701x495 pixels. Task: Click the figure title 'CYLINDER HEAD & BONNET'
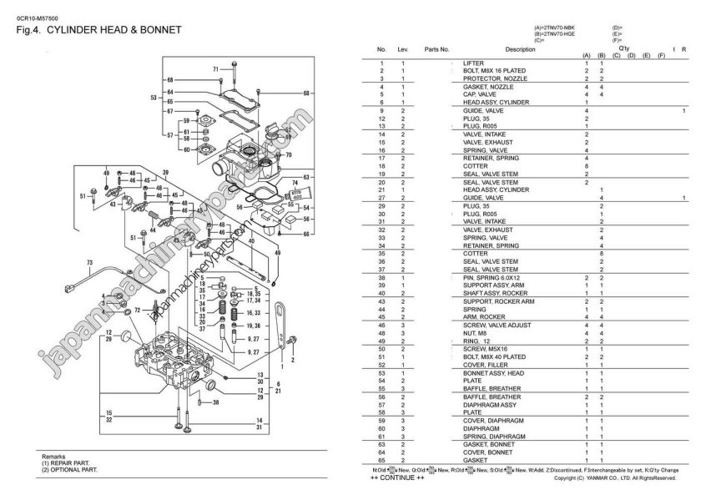tap(113, 30)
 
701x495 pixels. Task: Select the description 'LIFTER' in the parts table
tap(472, 63)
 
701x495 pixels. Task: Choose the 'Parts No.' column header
tap(436, 50)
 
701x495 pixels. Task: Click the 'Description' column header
tap(520, 50)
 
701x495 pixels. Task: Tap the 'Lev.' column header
tap(403, 50)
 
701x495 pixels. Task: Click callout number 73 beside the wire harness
tap(88, 263)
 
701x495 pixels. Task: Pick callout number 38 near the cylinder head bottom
tap(215, 402)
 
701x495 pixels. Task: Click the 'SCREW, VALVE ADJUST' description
tap(493, 325)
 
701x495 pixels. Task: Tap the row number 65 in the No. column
tap(381, 459)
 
